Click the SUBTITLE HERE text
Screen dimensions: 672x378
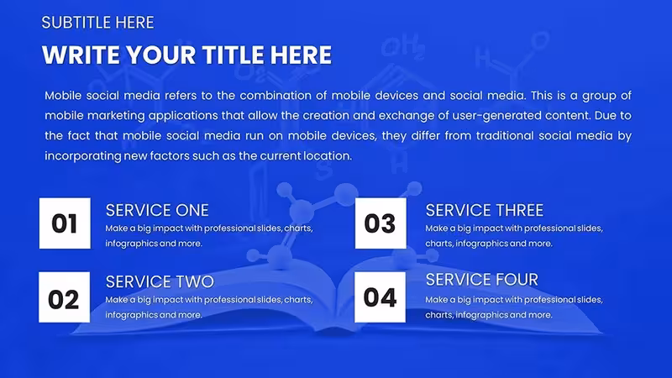click(97, 23)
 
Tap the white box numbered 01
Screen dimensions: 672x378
click(65, 223)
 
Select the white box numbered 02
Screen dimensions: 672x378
click(65, 297)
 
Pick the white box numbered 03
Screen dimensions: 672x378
click(381, 223)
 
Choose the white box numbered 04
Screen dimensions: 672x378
click(381, 297)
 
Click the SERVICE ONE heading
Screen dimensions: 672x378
click(157, 211)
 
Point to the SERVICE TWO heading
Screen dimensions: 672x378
click(160, 282)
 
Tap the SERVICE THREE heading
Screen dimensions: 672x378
click(485, 211)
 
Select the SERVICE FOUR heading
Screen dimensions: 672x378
click(481, 280)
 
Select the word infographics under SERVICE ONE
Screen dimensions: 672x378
click(129, 244)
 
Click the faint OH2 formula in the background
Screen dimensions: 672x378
click(403, 48)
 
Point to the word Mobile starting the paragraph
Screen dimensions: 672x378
click(63, 96)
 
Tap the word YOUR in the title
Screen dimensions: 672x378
click(161, 55)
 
